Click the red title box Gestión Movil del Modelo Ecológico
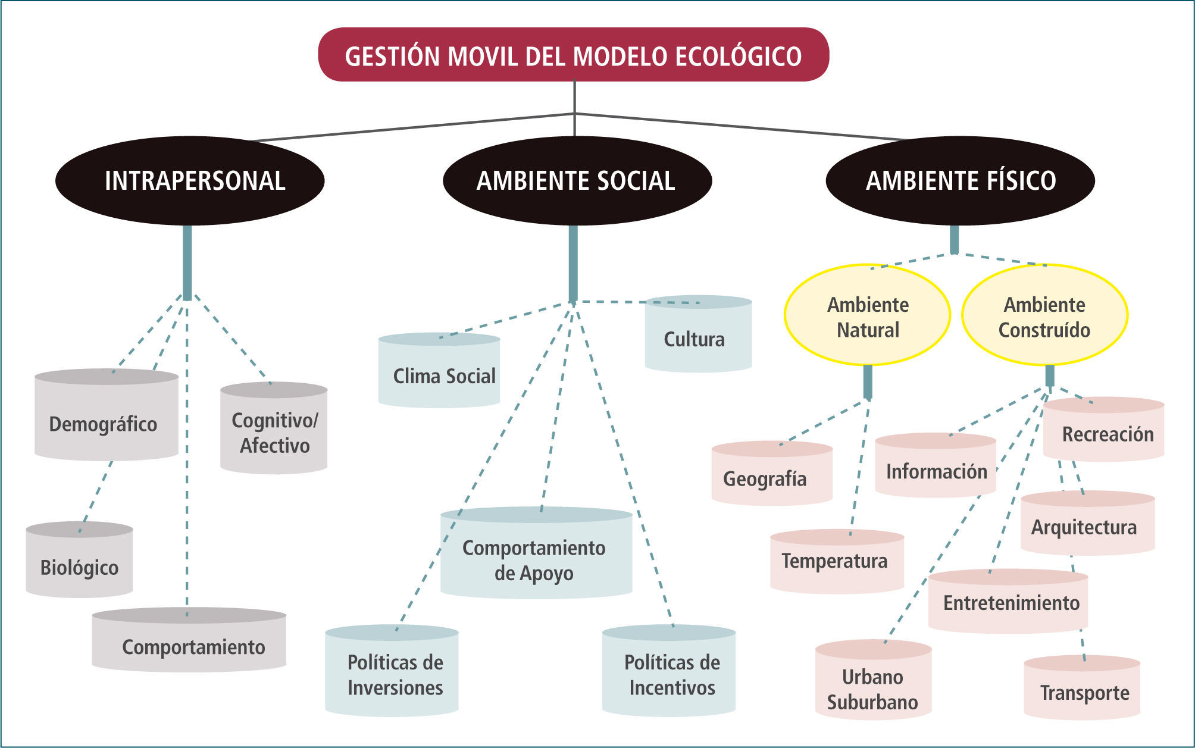574,55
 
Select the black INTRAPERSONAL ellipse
190,180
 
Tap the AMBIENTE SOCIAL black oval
577,180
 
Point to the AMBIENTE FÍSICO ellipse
960,180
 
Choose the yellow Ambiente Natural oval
867,315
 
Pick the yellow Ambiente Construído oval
1044,315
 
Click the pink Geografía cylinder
771,475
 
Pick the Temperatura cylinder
837,562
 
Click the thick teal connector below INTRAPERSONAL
187,262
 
